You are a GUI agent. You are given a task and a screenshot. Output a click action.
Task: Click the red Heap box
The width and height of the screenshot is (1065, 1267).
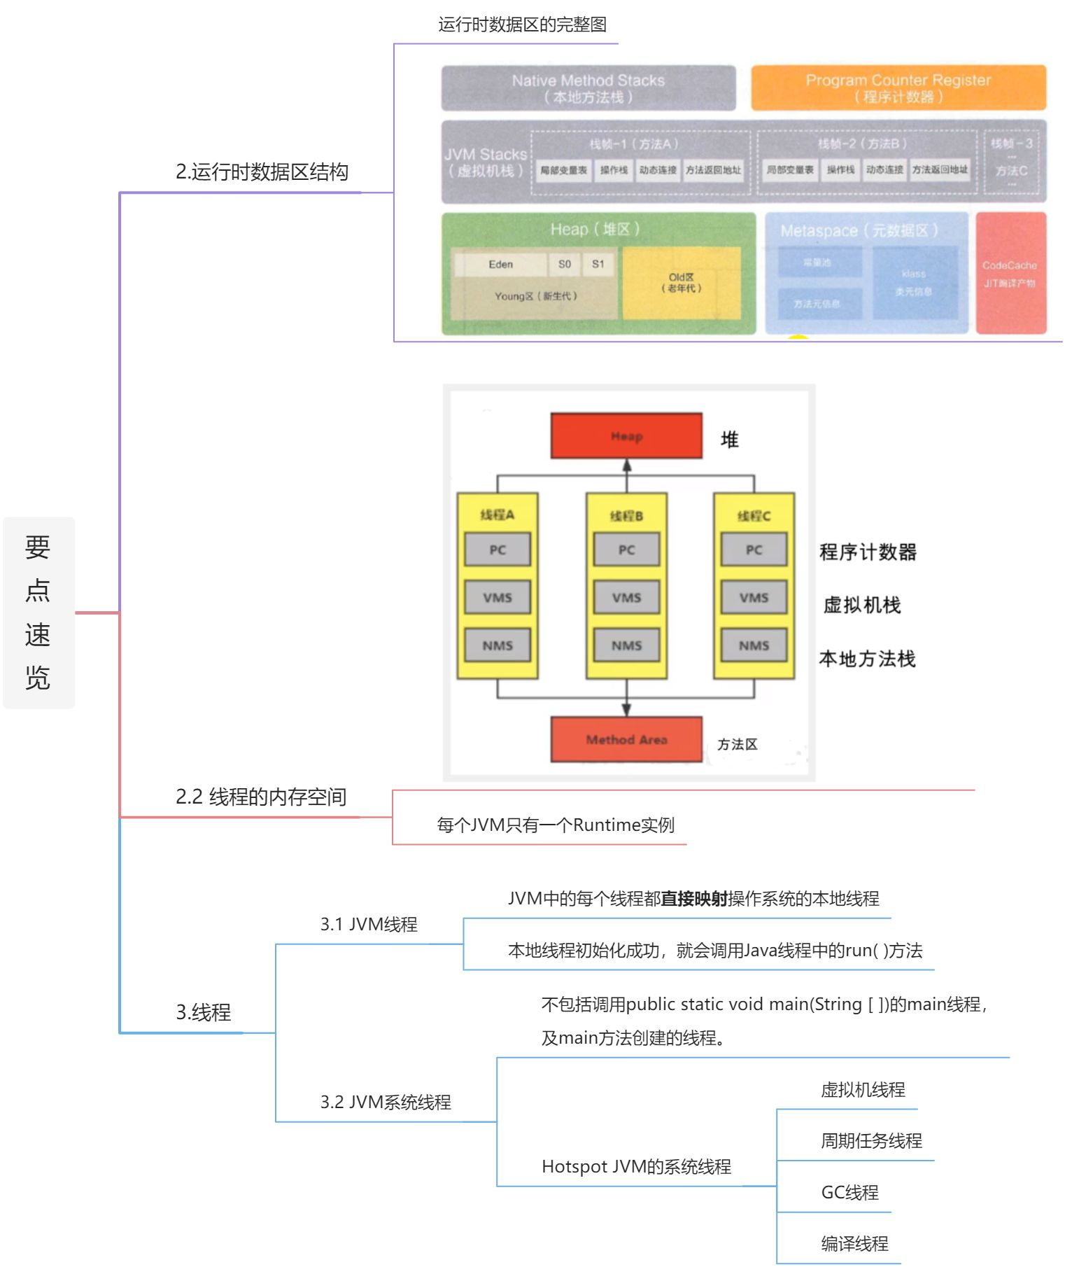626,436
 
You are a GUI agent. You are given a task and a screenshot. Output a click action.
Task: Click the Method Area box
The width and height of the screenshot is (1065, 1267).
626,739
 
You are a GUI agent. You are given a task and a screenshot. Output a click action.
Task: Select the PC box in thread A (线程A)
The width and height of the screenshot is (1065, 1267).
498,549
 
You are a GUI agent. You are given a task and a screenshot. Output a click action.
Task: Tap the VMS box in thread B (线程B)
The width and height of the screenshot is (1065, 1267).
626,598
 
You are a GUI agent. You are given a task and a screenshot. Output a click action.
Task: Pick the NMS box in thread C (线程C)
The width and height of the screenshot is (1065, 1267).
754,645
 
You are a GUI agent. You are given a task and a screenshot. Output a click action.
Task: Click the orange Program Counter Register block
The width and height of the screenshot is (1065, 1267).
898,88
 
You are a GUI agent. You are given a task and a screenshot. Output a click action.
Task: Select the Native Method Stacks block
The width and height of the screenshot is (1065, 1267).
588,88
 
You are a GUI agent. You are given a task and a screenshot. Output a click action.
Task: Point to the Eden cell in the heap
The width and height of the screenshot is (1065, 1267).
500,265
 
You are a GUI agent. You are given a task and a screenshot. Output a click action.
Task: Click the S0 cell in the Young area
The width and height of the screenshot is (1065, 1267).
565,265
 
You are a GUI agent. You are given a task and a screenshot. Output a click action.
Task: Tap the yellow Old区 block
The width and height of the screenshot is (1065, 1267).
682,283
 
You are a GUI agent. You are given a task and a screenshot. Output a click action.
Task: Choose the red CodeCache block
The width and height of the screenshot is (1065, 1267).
1010,274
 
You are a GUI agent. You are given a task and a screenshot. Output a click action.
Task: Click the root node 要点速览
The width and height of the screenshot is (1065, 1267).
38,612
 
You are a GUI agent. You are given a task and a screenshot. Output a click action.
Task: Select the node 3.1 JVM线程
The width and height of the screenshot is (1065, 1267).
369,925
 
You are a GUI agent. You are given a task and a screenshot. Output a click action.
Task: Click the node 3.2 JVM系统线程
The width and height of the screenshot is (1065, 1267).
386,1102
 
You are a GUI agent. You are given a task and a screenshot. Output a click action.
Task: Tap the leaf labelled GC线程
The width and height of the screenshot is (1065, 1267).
849,1193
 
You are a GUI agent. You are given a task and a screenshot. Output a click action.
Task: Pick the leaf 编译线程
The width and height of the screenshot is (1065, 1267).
854,1244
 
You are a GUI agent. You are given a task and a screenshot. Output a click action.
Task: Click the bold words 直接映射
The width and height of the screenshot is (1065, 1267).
694,899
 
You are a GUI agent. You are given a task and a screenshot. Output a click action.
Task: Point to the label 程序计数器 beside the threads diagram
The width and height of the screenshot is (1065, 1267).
868,552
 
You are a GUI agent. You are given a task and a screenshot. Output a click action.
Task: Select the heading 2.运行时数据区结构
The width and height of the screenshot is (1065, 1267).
262,172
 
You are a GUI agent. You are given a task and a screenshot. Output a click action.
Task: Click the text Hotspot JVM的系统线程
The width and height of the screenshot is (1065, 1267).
636,1167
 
